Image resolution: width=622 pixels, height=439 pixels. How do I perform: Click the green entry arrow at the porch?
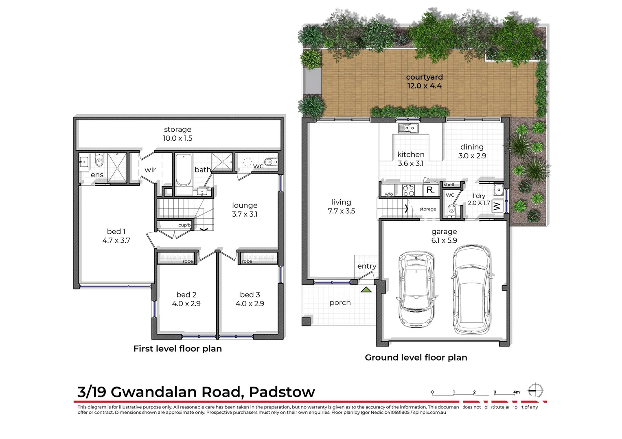point(366,290)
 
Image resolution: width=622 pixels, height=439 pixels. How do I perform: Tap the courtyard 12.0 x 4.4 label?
point(424,81)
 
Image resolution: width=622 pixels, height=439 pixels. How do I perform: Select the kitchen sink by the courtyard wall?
point(408,128)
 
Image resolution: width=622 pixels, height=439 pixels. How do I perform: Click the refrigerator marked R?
point(430,190)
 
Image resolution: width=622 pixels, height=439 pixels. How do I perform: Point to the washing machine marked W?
point(497,206)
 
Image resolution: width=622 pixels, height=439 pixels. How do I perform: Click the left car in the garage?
point(416,289)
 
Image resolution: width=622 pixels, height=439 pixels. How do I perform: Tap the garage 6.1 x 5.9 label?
point(444,236)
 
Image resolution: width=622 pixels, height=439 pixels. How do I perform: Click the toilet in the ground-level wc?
point(451,210)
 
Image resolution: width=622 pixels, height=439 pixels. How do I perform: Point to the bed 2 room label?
point(186,299)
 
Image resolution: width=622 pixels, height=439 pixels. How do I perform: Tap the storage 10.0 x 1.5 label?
point(177,134)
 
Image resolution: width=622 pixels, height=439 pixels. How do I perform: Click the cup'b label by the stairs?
point(184,225)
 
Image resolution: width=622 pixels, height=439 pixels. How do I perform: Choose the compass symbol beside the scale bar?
point(536,391)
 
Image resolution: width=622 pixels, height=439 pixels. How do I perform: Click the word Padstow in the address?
point(282,392)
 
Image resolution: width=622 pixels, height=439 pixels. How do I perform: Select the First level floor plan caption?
point(177,348)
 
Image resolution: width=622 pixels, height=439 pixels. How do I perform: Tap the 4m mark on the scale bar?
point(516,392)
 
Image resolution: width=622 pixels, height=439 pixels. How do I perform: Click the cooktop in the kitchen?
point(408,190)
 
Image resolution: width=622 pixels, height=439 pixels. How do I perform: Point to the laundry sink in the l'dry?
point(498,190)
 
